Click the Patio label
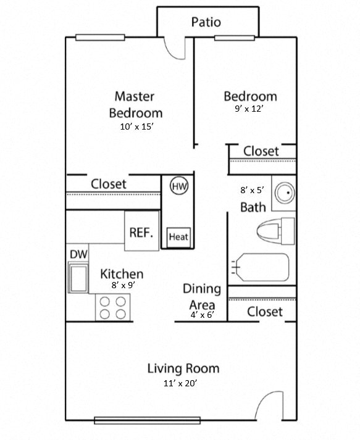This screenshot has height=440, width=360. pos(206,23)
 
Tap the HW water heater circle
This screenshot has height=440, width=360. pos(179,186)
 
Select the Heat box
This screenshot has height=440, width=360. pos(178,236)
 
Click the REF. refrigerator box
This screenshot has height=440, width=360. pos(141,232)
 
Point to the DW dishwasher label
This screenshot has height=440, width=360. pos(77,254)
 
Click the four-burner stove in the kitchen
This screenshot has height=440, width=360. pos(113,307)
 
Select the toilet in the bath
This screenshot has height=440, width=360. pos(275,231)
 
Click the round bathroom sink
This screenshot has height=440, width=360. pos(285,193)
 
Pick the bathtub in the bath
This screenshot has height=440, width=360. pos(260,267)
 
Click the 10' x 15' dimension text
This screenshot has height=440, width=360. pos(136,127)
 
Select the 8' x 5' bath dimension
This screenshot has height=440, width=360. pos(252,191)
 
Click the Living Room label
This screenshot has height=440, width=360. pos(183,368)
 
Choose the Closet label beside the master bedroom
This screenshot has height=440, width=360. pos(109,184)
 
